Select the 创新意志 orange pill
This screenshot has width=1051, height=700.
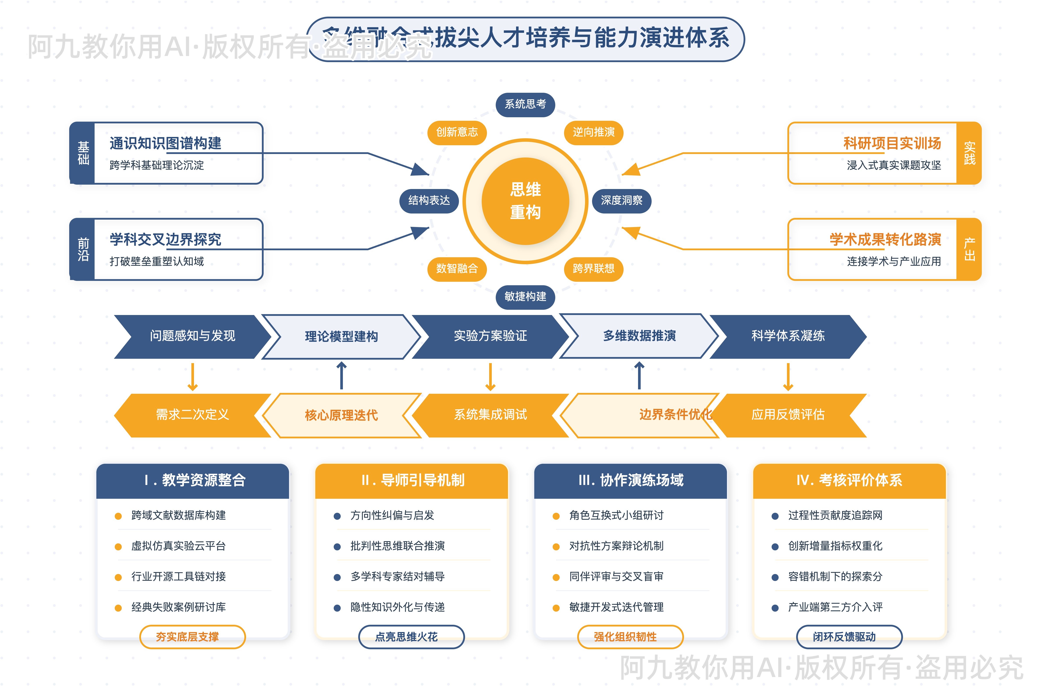point(457,132)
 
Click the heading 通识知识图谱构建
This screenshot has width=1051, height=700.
point(165,143)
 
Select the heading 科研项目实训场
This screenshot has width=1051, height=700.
point(892,143)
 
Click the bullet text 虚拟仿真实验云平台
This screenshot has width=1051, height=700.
point(178,546)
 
